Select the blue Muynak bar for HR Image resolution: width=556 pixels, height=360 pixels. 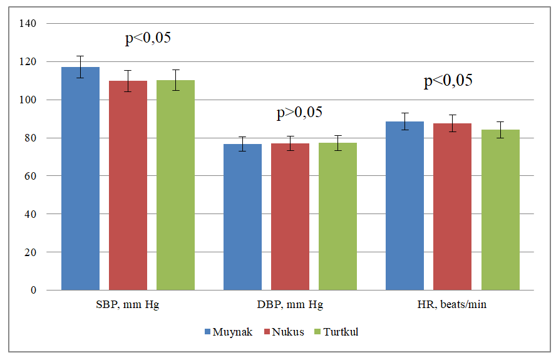coord(404,206)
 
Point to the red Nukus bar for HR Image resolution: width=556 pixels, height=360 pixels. coord(452,207)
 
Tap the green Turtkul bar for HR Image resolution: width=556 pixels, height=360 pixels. coord(500,210)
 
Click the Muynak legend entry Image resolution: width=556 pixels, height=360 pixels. coord(229,332)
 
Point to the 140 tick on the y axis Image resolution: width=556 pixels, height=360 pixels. coord(29,24)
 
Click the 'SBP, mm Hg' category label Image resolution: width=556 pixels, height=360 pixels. coord(128,305)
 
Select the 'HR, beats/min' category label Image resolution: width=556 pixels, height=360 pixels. coord(452,305)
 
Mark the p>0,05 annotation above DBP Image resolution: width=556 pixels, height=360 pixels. coord(299,113)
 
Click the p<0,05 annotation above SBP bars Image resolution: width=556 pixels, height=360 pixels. coord(148,38)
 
